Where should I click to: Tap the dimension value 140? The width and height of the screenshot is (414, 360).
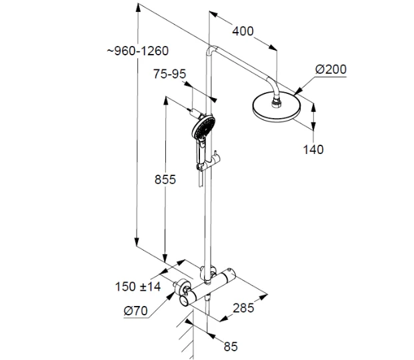coord(312,149)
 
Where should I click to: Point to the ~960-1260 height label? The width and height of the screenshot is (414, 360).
coord(137,51)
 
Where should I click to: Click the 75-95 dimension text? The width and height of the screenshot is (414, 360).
coord(169,74)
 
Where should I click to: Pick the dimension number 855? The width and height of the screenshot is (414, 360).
coord(163,179)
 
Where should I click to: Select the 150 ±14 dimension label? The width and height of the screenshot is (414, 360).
coord(137,287)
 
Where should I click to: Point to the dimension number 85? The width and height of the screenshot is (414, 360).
coord(231,347)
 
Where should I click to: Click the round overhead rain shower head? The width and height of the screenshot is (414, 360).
coord(277,107)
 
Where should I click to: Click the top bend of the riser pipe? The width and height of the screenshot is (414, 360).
coord(211,50)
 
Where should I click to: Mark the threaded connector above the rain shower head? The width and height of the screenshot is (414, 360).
coord(276,93)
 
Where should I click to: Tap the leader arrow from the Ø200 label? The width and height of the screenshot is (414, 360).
coord(303,83)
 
